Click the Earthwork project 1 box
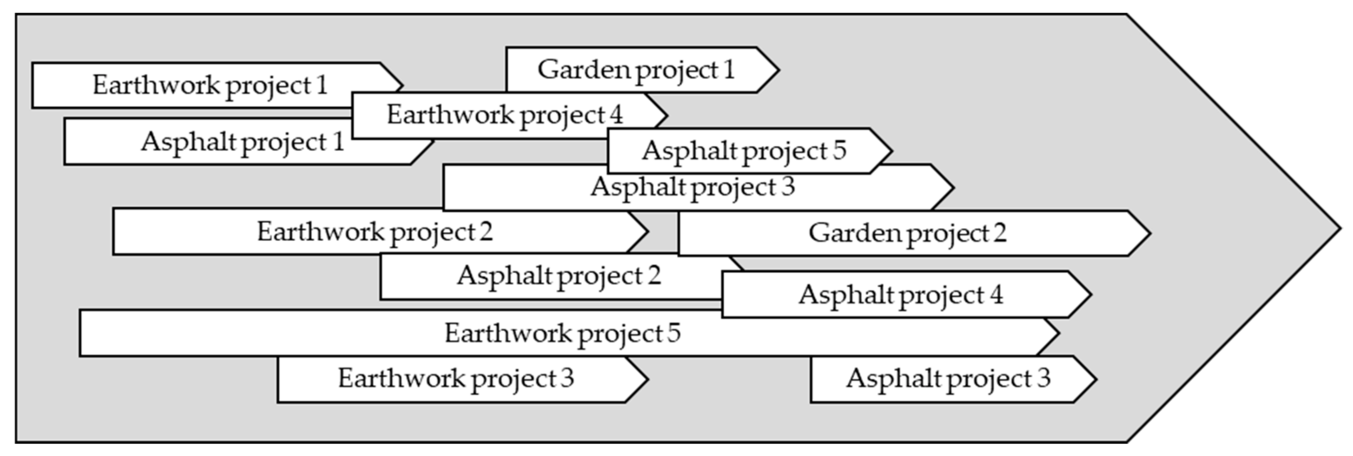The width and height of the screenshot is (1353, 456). pyautogui.click(x=210, y=85)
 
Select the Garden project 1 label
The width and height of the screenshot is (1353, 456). pyautogui.click(x=636, y=70)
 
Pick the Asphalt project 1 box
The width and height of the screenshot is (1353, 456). pyautogui.click(x=242, y=142)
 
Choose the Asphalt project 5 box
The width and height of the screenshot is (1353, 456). pyautogui.click(x=744, y=151)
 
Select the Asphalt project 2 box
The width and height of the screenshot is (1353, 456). pyautogui.click(x=558, y=276)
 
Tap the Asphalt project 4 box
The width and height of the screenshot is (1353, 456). pyautogui.click(x=900, y=294)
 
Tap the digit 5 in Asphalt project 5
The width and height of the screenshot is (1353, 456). pyautogui.click(x=839, y=150)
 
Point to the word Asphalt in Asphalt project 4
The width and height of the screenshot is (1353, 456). pyautogui.click(x=839, y=294)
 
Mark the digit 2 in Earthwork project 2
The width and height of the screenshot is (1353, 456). pyautogui.click(x=486, y=232)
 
